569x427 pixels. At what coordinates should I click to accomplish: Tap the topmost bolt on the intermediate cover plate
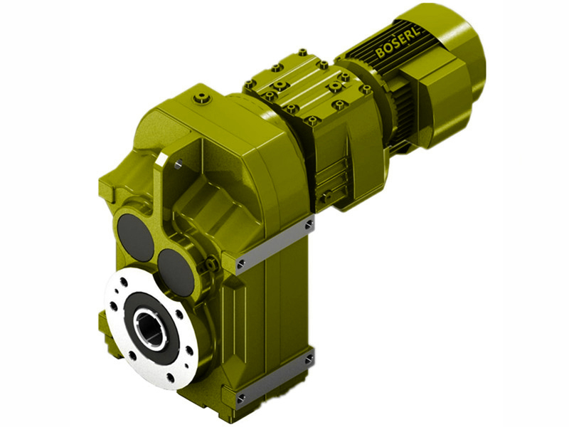(x=302, y=52)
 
